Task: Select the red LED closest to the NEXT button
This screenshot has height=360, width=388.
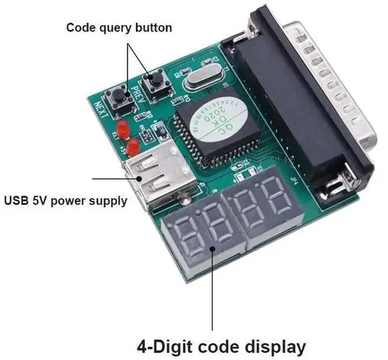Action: click(122, 128)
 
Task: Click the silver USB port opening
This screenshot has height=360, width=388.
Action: click(149, 176)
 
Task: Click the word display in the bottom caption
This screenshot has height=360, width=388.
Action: click(267, 347)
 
